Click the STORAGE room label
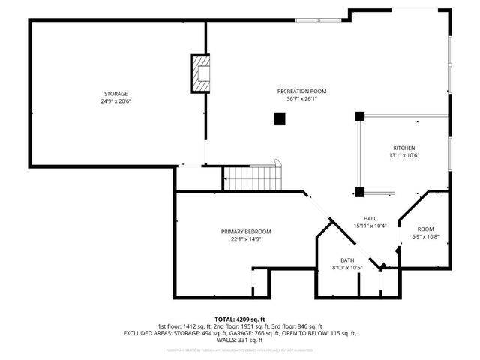pos(115,93)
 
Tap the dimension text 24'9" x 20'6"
pos(115,100)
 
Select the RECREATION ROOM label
pos(301,91)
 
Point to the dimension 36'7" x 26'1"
pos(301,98)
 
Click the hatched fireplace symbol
pos(201,73)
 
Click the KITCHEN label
pos(403,148)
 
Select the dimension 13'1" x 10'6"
pos(403,155)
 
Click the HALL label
pos(369,218)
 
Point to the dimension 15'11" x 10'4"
pos(369,226)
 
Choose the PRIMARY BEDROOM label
pos(245,231)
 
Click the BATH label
pos(347,260)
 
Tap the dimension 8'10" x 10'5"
pos(347,268)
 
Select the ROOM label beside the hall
pos(425,229)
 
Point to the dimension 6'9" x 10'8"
pos(425,236)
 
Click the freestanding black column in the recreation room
pos(280,118)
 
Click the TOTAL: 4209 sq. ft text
pos(240,319)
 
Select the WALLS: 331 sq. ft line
pos(240,340)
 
